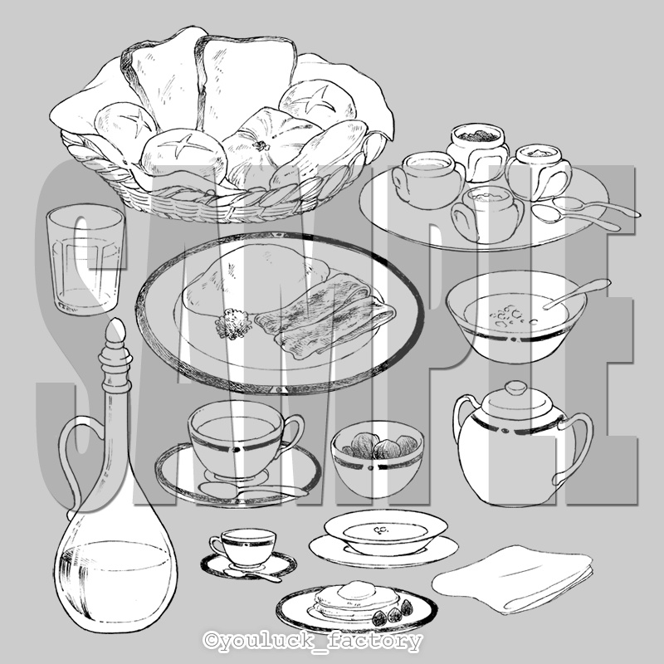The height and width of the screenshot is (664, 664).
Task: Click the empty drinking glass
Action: coord(85,259)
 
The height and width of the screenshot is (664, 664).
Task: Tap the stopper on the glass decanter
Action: coord(115,356)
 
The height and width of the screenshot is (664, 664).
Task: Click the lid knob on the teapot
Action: coord(516,388)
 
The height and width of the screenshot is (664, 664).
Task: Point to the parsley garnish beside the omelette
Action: coord(232,324)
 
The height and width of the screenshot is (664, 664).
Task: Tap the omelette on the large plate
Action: coord(254,280)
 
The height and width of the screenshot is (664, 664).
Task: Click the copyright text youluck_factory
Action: coord(313,641)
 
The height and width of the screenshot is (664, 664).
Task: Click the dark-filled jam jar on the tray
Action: coord(478,149)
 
